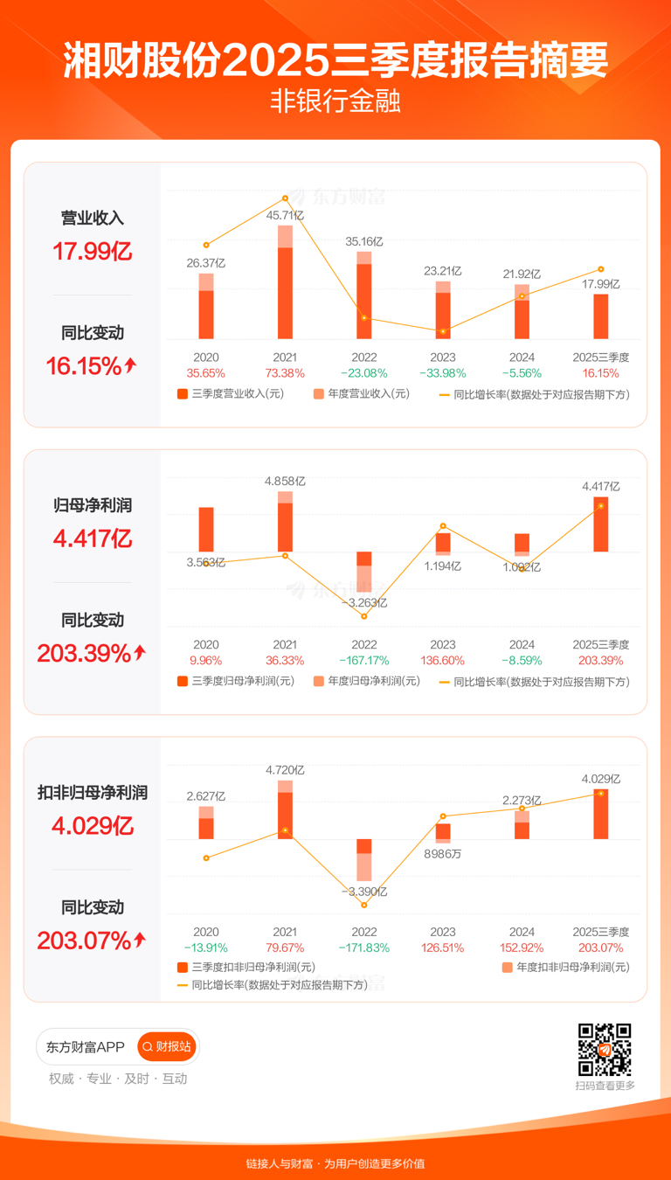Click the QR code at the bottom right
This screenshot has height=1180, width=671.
[x=605, y=1049]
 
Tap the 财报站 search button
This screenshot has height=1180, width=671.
[x=167, y=1046]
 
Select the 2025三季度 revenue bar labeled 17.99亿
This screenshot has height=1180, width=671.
[x=601, y=316]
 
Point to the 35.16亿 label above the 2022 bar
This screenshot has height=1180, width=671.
[x=364, y=241]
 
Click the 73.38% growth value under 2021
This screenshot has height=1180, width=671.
[x=285, y=373]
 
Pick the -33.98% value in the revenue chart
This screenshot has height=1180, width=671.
[x=443, y=373]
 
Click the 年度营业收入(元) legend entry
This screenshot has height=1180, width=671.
[x=361, y=394]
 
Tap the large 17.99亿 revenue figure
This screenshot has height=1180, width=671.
[x=92, y=253]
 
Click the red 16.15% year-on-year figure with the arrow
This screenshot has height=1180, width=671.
[x=92, y=366]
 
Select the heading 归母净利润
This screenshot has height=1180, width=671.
[x=92, y=506]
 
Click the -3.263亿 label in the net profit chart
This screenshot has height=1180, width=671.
[x=364, y=603]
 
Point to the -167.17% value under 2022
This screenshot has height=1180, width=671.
[x=364, y=661]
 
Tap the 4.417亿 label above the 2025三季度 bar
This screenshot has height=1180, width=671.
[x=601, y=486]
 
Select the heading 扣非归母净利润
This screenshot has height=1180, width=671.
[x=92, y=793]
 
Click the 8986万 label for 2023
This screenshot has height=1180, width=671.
[x=443, y=854]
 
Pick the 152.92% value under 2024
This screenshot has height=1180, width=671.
[x=522, y=947]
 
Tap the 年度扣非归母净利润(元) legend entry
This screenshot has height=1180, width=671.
[x=565, y=968]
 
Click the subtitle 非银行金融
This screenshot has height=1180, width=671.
[x=335, y=103]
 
